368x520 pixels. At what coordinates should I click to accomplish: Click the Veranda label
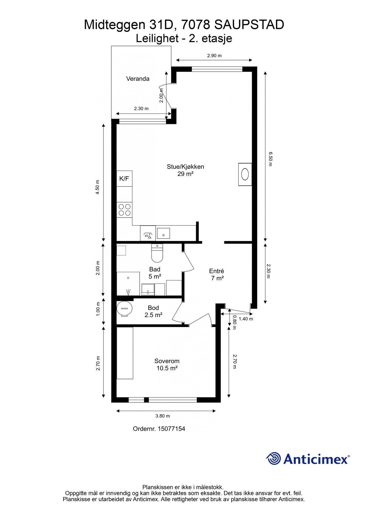click(138, 79)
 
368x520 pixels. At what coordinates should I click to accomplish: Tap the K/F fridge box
click(124, 179)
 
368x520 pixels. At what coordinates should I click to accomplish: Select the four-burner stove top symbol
click(124, 210)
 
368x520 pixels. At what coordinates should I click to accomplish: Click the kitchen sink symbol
click(163, 233)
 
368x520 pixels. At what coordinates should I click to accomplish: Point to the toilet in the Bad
click(157, 253)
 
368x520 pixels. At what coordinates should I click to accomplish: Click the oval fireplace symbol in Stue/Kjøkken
click(245, 174)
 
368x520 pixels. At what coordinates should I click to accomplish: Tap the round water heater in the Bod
click(125, 309)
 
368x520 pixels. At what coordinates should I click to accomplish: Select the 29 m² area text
click(185, 174)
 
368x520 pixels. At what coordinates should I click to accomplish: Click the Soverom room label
click(167, 361)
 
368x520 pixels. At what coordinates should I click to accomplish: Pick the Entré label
click(217, 271)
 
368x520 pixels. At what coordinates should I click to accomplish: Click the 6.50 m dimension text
click(270, 159)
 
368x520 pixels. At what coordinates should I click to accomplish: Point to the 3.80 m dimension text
click(163, 416)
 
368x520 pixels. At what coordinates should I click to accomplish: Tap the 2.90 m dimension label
click(214, 56)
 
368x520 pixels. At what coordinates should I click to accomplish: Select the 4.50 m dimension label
click(97, 187)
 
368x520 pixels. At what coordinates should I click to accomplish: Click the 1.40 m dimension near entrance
click(246, 319)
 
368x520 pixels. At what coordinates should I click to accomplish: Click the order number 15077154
click(171, 429)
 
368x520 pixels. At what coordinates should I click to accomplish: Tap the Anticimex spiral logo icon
click(273, 458)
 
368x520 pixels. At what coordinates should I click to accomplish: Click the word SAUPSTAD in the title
click(249, 25)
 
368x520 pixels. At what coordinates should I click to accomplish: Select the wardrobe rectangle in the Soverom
click(125, 353)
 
